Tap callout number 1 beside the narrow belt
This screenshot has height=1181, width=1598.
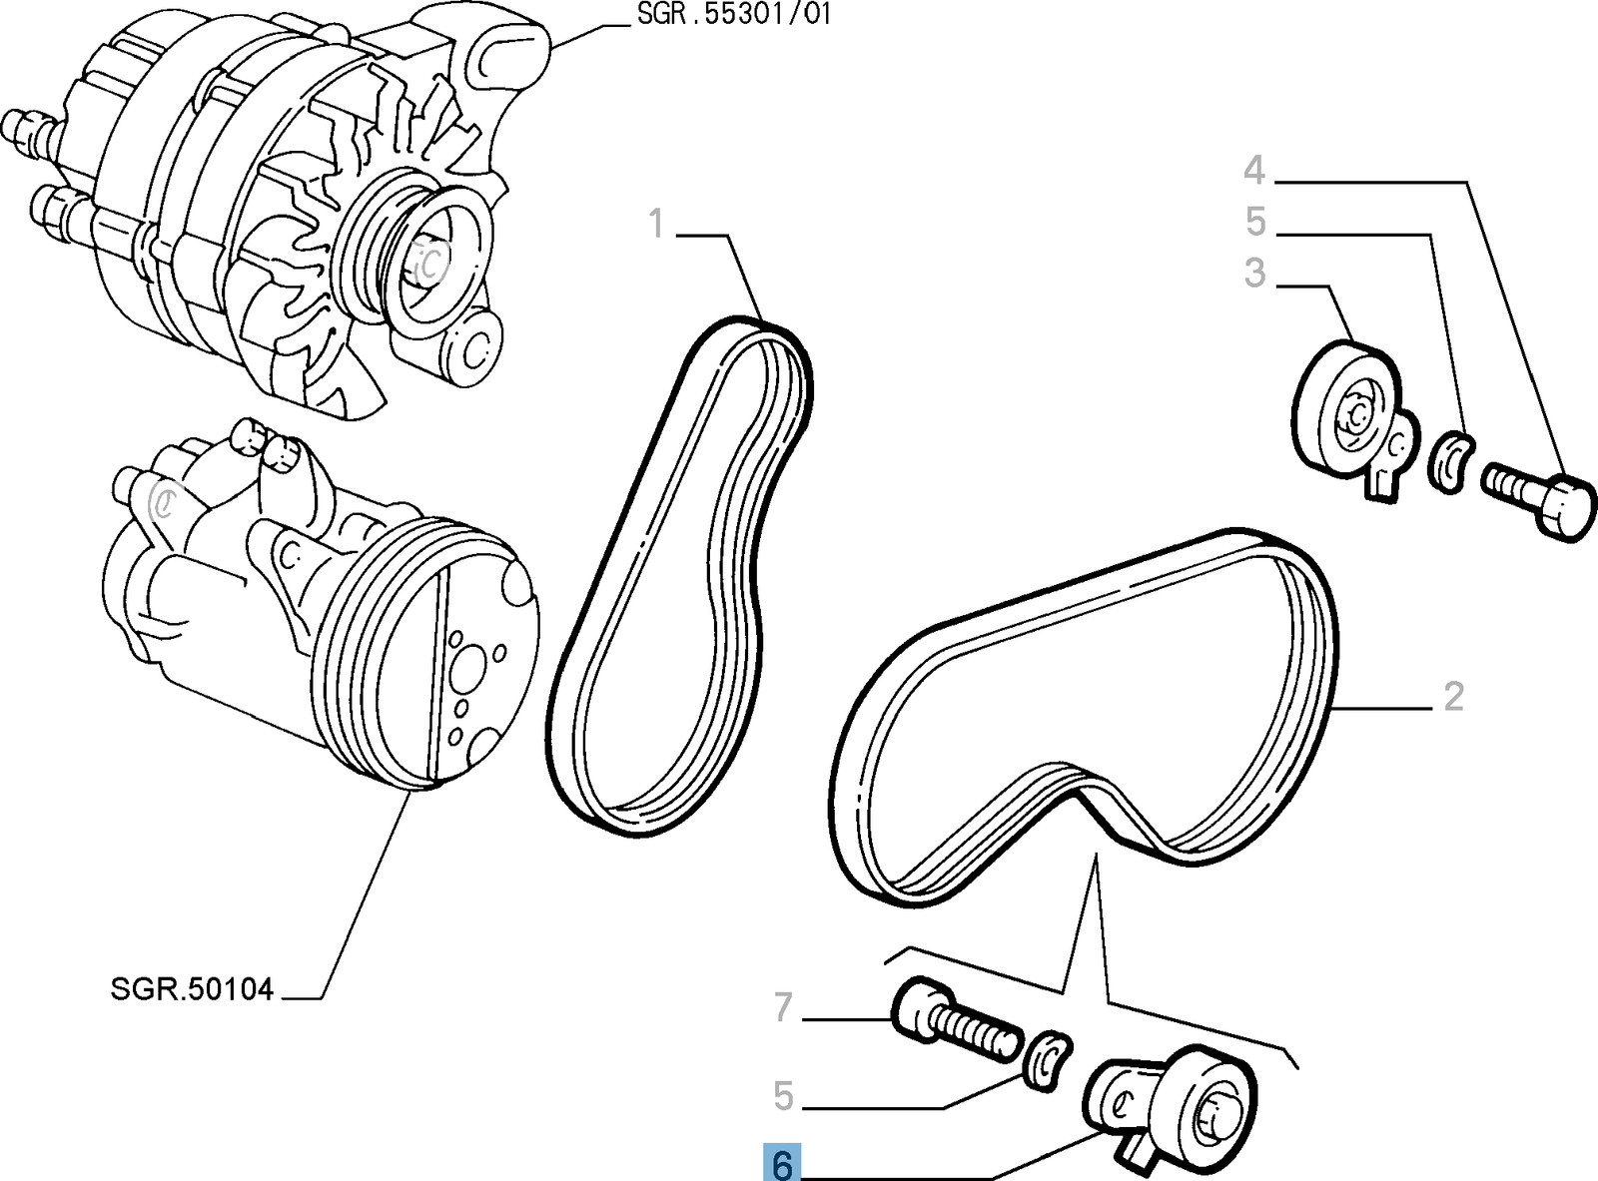pyautogui.click(x=656, y=225)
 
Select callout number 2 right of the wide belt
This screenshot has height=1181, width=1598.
pyautogui.click(x=1453, y=696)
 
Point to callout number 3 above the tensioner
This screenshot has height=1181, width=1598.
pyautogui.click(x=1254, y=273)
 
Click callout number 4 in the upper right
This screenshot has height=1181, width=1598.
pyautogui.click(x=1254, y=171)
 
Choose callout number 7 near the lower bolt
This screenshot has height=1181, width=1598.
pyautogui.click(x=783, y=1008)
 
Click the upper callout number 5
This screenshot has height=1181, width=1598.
pyautogui.click(x=1255, y=222)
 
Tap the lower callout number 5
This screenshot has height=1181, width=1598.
pyautogui.click(x=783, y=1096)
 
